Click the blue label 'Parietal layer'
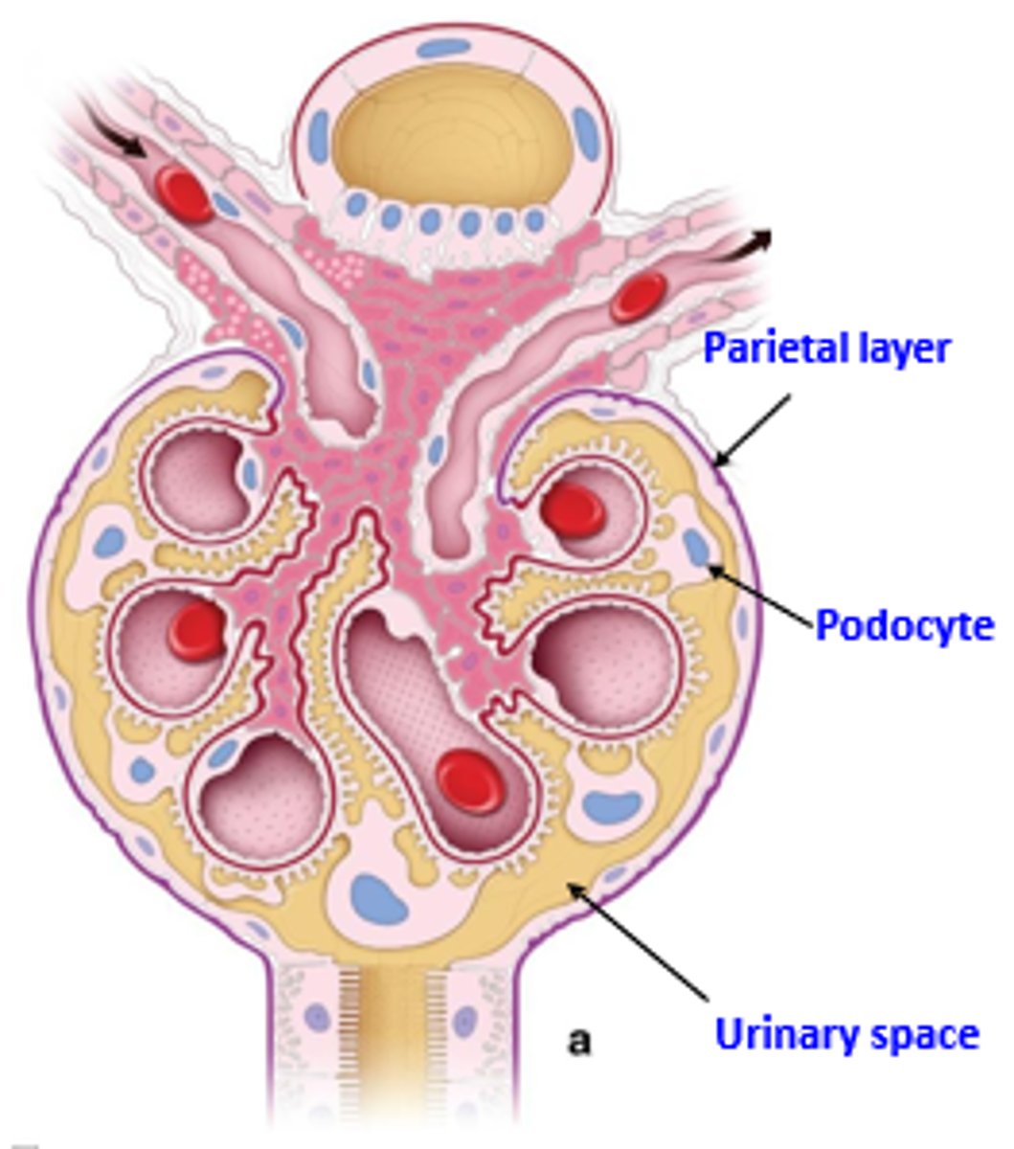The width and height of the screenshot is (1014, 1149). click(826, 349)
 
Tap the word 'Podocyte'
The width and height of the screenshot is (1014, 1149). click(904, 626)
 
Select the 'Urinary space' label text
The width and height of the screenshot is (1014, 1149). click(847, 1034)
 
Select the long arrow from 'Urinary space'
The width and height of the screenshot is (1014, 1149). click(641, 943)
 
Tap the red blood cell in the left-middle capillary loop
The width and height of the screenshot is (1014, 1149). click(196, 631)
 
